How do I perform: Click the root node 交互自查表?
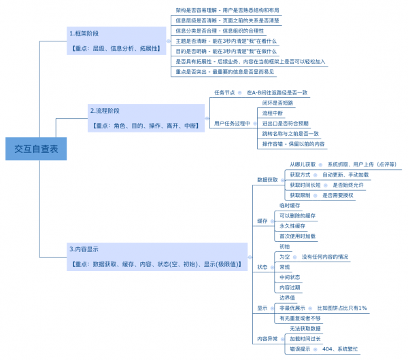(x=36, y=149)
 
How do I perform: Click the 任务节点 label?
(x=224, y=92)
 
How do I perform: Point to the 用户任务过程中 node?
(x=233, y=123)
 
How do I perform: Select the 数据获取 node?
(x=267, y=179)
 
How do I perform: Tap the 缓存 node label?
(x=262, y=221)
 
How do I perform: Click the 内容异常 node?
(x=267, y=338)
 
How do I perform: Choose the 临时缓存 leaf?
(x=290, y=205)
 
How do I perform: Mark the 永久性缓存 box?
(x=292, y=226)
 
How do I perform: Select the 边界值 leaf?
(x=287, y=298)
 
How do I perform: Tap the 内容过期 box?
(x=290, y=287)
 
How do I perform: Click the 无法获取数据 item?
(x=301, y=328)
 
